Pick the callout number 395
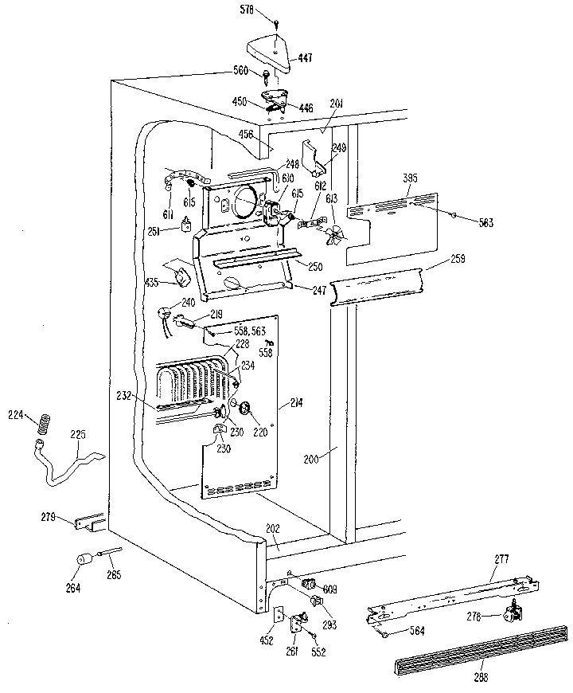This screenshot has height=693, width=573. [x=410, y=177]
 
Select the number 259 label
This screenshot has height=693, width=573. [x=457, y=259]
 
